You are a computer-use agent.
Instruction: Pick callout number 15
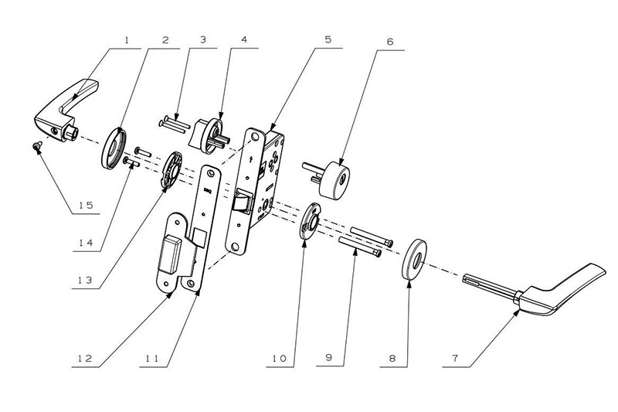pyautogui.click(x=87, y=206)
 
